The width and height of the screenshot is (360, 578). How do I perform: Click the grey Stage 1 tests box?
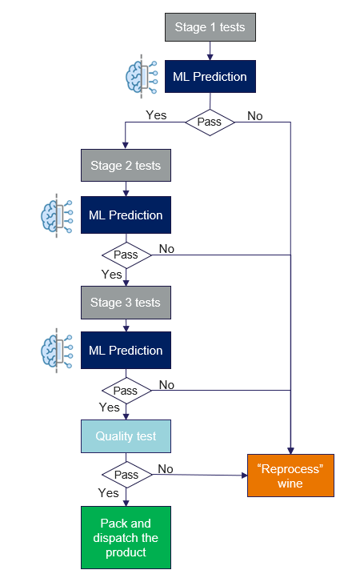click(210, 28)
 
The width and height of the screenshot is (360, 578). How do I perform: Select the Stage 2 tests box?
click(126, 166)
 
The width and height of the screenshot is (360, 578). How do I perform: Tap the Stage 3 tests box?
click(126, 303)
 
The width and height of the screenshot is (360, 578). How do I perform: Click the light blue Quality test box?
click(126, 436)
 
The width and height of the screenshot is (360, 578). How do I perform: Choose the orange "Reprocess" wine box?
click(290, 476)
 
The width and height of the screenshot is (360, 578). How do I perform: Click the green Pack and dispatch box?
click(126, 537)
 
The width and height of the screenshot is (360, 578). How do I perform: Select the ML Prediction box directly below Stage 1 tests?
click(210, 77)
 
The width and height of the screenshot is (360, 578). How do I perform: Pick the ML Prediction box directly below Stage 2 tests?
click(126, 215)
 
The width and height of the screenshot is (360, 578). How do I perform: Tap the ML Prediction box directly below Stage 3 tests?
click(126, 351)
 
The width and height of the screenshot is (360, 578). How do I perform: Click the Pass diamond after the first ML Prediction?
click(210, 122)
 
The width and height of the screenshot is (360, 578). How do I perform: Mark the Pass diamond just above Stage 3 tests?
click(126, 255)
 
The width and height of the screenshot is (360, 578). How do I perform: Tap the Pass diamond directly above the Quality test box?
click(126, 391)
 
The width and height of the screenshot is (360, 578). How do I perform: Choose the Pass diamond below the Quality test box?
click(126, 475)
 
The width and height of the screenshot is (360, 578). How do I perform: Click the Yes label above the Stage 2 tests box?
click(156, 115)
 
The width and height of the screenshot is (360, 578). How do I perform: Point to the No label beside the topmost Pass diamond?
click(254, 116)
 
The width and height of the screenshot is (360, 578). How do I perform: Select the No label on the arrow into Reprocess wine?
click(166, 468)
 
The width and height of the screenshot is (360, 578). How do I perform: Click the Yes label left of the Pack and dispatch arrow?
click(108, 492)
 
